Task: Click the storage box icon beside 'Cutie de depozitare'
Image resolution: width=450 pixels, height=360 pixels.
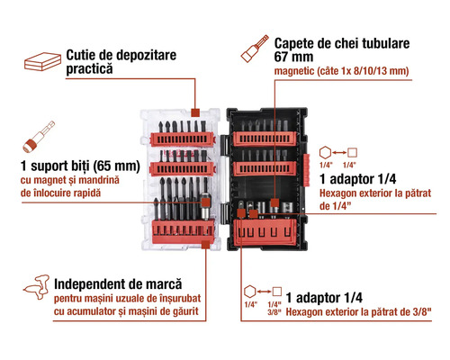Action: click(42, 61)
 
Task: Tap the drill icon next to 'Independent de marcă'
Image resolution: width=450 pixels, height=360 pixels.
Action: click(37, 287)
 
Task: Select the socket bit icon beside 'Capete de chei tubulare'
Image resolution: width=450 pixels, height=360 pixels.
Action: click(255, 49)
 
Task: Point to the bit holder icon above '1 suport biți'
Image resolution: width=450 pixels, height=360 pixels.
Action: click(39, 137)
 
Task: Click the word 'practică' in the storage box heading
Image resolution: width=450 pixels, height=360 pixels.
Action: click(89, 69)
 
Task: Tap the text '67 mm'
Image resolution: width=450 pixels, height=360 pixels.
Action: click(293, 57)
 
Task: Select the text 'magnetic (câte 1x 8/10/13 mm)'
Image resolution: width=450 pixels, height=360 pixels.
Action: click(341, 71)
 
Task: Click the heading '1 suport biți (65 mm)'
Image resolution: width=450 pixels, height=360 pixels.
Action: click(80, 166)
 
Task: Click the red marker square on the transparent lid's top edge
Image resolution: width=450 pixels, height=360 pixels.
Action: click(195, 112)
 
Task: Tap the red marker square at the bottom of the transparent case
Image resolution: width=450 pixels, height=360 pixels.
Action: click(205, 244)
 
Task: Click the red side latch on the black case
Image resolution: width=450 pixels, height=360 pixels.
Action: click(306, 170)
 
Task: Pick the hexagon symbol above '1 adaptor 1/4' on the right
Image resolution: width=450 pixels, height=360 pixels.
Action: click(325, 153)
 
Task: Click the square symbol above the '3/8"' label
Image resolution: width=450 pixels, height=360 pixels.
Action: click(277, 292)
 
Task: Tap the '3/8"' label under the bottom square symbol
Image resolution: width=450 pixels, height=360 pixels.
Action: click(274, 312)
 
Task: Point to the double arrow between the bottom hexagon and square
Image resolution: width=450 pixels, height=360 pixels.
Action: click(264, 292)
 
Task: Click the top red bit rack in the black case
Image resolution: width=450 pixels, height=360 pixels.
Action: click(265, 139)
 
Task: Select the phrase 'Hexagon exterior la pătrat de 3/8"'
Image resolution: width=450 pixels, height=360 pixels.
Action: click(358, 312)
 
